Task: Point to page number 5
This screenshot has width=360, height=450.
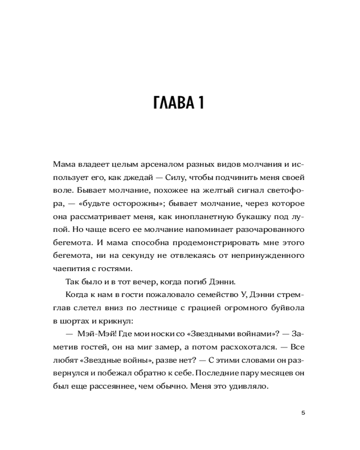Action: (x=303, y=412)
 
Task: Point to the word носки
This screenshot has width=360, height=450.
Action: (x=167, y=334)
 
